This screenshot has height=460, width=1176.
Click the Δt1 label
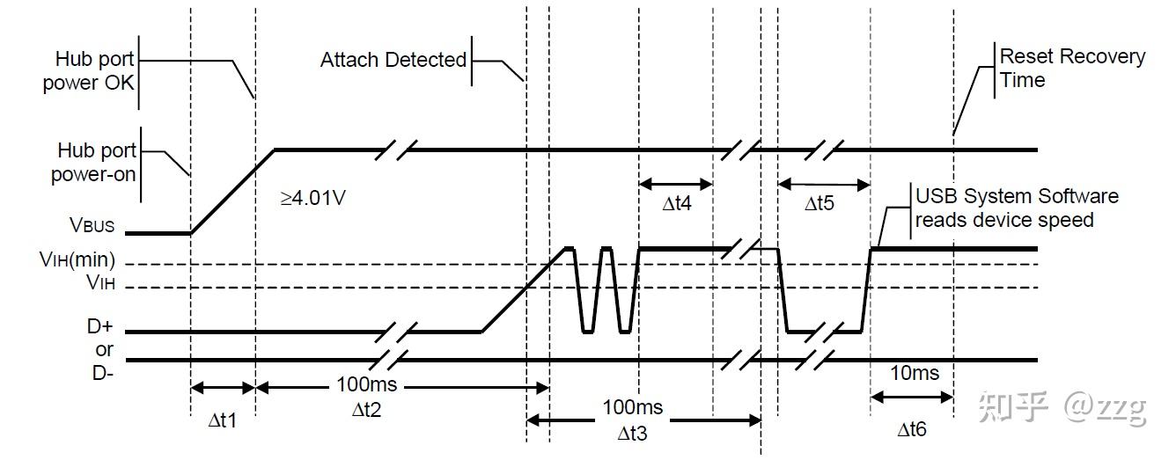pos(223,420)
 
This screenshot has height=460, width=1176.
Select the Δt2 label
pos(366,410)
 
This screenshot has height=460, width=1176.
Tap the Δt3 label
pos(632,434)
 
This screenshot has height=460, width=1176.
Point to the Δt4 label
pos(677,203)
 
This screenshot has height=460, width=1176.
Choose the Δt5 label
pos(819,203)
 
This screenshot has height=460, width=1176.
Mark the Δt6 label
pos(912,429)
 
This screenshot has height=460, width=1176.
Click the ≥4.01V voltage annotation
pos(312,198)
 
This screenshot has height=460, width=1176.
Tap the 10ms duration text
pos(915,373)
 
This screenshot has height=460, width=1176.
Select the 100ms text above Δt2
pos(366,384)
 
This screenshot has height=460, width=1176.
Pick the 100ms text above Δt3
pos(633,407)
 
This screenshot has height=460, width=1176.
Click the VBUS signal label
pos(92,225)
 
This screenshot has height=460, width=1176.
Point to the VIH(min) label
pos(77,259)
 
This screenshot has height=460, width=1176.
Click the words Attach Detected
pos(393,60)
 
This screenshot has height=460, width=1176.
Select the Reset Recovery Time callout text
pos(1072,69)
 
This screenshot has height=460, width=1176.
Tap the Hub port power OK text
pos(89,71)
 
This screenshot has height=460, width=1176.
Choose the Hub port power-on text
pos(93,162)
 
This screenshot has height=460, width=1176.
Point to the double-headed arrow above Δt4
pos(676,184)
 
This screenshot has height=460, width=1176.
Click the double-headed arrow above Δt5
pos(824,184)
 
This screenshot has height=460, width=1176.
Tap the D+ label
pos(100,326)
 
